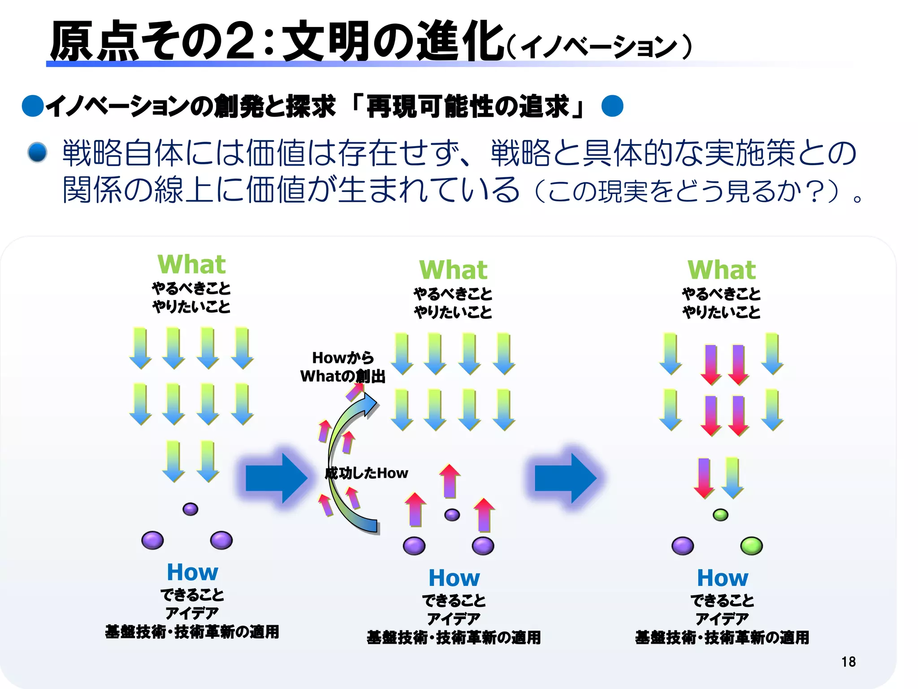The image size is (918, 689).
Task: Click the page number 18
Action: (x=848, y=662)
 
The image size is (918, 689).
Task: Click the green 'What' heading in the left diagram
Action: (x=191, y=264)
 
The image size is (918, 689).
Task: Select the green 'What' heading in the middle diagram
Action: (x=453, y=270)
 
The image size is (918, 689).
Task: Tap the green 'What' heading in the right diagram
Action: (x=722, y=270)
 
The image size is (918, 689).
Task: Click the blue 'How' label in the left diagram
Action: (x=192, y=572)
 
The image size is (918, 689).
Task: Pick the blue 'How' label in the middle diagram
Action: (x=454, y=578)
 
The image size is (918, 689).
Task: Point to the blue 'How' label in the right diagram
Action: (x=723, y=578)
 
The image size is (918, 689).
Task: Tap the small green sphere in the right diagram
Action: (x=720, y=515)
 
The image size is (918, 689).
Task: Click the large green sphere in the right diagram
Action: (x=751, y=546)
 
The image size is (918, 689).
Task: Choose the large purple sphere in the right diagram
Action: (x=682, y=546)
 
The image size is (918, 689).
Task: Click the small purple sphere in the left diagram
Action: (x=190, y=509)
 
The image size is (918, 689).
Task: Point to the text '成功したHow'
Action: (x=366, y=473)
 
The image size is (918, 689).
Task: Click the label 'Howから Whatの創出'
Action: (x=343, y=367)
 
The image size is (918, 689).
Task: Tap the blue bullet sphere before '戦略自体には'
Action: (x=37, y=153)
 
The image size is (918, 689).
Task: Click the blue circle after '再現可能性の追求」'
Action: (x=612, y=106)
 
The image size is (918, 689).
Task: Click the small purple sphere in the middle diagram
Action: (x=452, y=515)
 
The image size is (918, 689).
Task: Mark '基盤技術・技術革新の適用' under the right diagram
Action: (x=722, y=637)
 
